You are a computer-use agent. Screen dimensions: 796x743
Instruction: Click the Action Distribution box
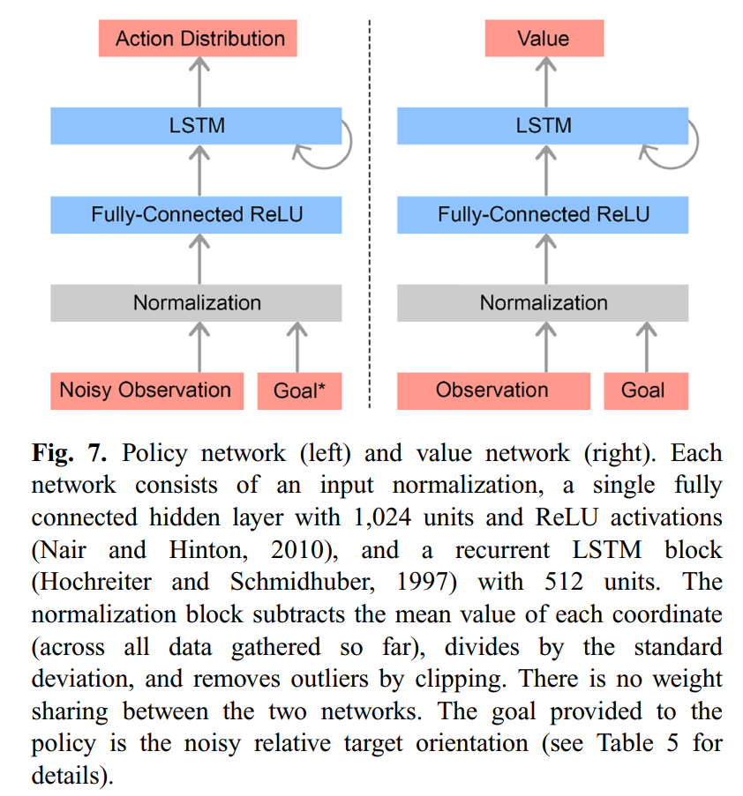point(199,39)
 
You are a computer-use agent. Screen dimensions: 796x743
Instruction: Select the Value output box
point(544,39)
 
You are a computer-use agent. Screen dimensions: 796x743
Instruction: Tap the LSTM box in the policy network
point(196,125)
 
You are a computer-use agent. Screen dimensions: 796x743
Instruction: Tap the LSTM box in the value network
point(543,125)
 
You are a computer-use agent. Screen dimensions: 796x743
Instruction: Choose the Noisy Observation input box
point(146,390)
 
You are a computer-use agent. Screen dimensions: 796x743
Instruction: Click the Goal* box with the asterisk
point(299,391)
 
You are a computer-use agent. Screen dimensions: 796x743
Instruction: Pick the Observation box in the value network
point(492,390)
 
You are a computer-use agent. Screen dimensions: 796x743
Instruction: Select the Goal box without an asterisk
point(644,390)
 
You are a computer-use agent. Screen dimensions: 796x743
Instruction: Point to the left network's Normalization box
point(196,302)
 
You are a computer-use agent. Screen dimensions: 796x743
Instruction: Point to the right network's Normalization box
point(543,302)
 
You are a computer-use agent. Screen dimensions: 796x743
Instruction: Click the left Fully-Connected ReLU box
point(196,214)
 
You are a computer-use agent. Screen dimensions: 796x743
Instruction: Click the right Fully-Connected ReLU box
point(543,214)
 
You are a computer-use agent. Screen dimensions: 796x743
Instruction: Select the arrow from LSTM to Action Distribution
point(199,81)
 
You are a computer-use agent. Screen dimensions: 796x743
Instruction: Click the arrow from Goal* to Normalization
point(298,346)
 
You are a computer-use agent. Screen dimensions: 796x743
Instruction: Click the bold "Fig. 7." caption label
point(70,454)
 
